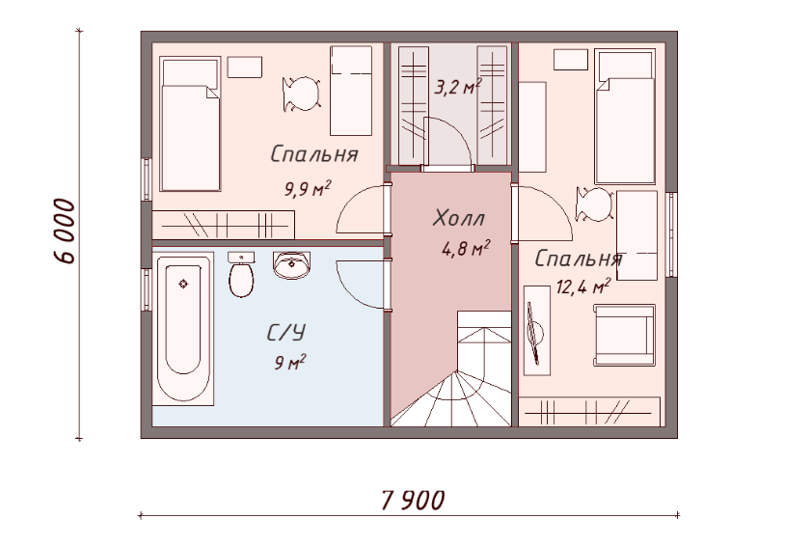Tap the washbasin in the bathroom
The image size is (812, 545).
292,264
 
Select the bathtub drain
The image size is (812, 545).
183,284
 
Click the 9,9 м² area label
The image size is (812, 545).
308,188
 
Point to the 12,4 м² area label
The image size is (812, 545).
583,286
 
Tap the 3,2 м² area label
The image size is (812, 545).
458,87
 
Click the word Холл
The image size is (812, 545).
459,218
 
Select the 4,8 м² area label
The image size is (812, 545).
466,249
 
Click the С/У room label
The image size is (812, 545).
285,332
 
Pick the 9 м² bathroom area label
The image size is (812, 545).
290,362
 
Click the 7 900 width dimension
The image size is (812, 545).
413,500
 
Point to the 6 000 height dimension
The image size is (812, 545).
65,232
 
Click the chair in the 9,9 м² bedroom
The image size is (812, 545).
301,94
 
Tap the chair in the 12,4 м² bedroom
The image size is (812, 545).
594,204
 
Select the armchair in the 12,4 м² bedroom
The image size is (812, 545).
625,335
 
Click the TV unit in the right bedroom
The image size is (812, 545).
536,331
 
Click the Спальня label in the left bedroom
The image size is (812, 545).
314,154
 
